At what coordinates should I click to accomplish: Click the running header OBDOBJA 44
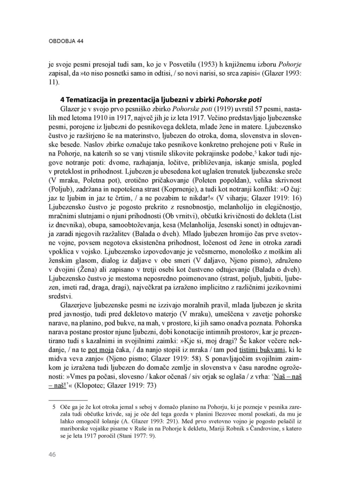66,41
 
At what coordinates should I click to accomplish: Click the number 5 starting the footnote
54,407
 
